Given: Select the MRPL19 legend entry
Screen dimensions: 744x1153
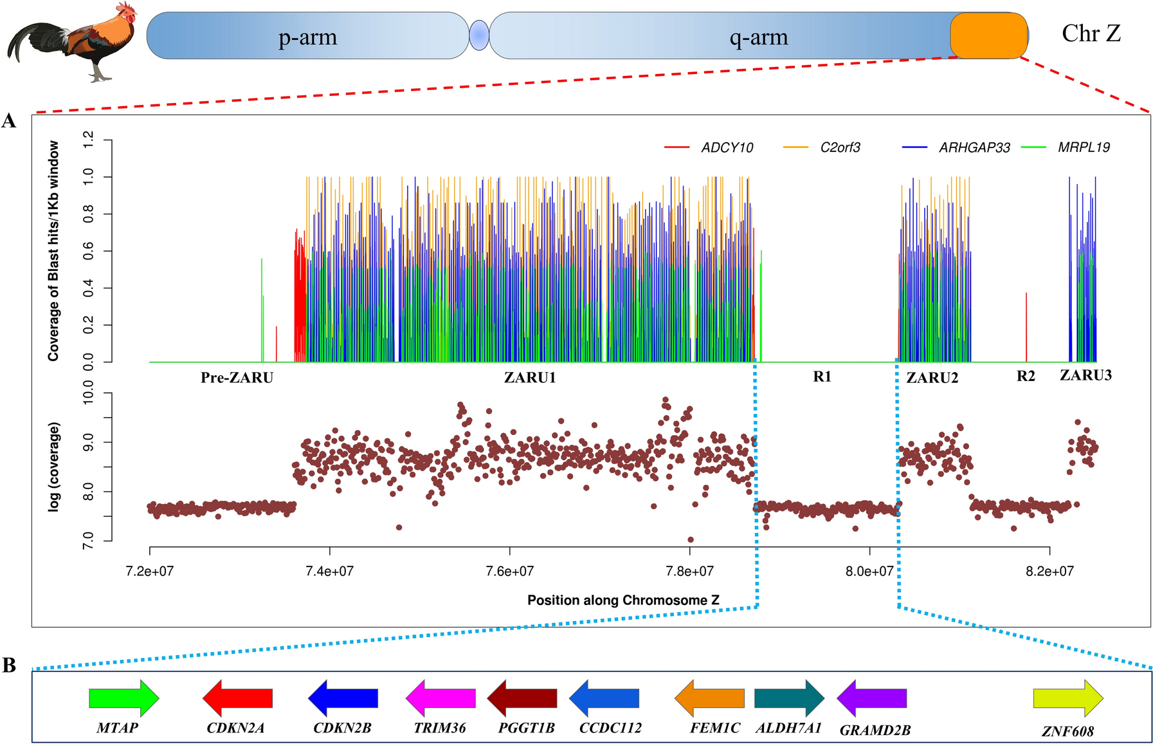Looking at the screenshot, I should click(1084, 148).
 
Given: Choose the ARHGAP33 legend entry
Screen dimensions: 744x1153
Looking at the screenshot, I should click(974, 148).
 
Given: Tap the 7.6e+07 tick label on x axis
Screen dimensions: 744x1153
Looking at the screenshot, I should click(510, 571).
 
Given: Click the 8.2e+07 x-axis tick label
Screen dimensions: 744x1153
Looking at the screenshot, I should click(1049, 571).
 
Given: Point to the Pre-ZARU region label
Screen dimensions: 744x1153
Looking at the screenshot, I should click(237, 378).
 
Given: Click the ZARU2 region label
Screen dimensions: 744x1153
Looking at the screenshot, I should click(932, 378).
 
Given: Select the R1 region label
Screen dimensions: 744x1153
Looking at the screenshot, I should click(822, 377).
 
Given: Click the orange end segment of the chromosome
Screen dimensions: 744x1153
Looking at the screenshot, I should click(988, 35).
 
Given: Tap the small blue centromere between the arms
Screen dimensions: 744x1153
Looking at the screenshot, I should click(479, 35).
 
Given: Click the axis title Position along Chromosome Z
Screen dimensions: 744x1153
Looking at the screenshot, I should click(623, 600).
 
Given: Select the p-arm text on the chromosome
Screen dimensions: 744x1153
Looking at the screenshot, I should click(307, 37).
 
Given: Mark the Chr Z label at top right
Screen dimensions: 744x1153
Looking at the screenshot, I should click(1091, 33).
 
